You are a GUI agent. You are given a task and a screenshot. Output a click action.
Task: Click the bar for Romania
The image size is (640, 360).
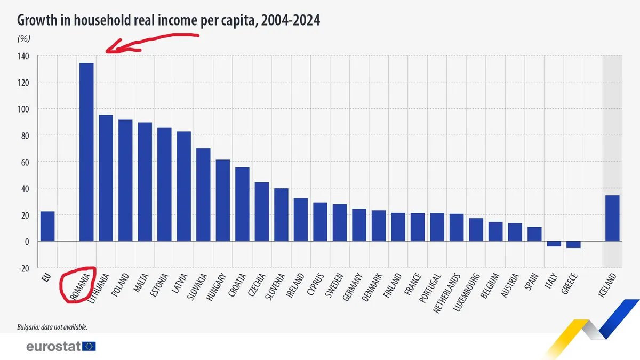click(86, 152)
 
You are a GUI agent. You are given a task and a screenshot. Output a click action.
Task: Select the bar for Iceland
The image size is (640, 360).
click(612, 218)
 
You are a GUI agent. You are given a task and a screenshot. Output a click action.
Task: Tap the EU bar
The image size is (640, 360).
click(47, 226)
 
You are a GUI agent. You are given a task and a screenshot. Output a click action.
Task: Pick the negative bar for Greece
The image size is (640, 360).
click(573, 245)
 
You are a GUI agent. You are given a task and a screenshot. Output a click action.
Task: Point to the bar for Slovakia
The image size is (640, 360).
click(203, 195)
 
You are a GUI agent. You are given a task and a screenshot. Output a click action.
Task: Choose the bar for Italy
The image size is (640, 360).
click(554, 244)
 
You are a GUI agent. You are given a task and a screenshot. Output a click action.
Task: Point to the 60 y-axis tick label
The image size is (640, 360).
click(25, 162)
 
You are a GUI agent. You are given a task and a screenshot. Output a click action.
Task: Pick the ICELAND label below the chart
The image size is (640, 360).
click(609, 285)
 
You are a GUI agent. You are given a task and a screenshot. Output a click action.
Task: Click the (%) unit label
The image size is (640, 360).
click(25, 38)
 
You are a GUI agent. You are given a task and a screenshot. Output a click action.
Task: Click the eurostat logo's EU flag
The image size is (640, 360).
click(90, 347)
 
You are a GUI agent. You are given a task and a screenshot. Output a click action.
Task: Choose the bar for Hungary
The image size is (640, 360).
click(222, 201)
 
